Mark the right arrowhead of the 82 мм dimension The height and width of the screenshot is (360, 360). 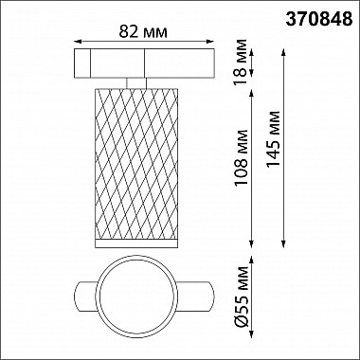210,41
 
